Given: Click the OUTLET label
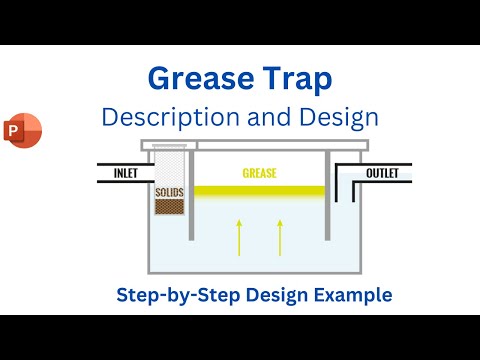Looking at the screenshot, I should point(381,174).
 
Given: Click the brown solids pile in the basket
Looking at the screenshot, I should point(168,206).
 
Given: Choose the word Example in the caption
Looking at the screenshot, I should point(356,295).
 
